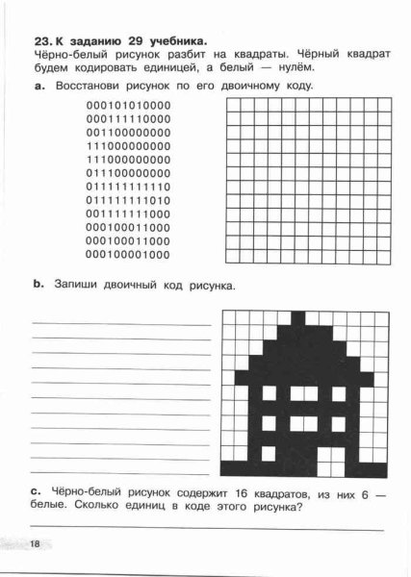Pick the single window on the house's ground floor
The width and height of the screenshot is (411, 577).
point(270,452)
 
